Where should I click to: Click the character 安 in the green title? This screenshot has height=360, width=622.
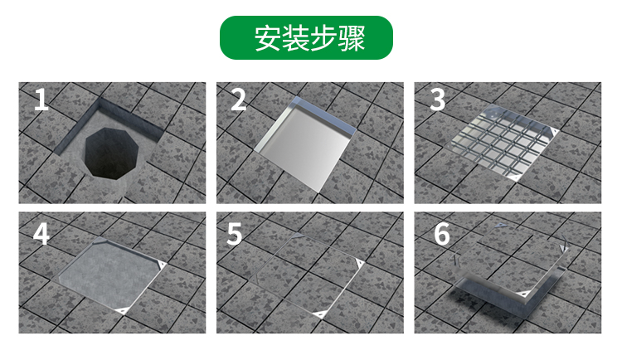(x=268, y=38)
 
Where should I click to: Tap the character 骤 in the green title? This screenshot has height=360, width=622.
(x=352, y=38)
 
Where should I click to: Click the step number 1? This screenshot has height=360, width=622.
(x=41, y=100)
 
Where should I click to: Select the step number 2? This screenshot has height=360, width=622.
(x=238, y=100)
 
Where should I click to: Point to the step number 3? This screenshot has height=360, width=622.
(x=437, y=100)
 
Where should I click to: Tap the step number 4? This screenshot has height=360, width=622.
(x=41, y=234)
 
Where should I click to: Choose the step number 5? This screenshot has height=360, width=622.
(x=234, y=234)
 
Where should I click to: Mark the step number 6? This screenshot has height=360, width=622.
(x=442, y=234)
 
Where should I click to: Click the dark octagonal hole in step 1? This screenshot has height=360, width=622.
(x=112, y=153)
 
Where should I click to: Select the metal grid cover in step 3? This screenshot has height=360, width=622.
(x=503, y=144)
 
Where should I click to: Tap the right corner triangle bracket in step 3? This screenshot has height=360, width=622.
(x=552, y=131)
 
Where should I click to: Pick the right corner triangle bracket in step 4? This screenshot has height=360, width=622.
(x=162, y=265)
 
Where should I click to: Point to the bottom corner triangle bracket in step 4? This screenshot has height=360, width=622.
(x=122, y=309)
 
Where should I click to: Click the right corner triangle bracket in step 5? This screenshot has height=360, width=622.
(x=359, y=262)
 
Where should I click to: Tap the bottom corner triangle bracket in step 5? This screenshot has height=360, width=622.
(x=319, y=314)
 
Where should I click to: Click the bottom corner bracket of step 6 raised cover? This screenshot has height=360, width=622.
(x=523, y=294)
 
